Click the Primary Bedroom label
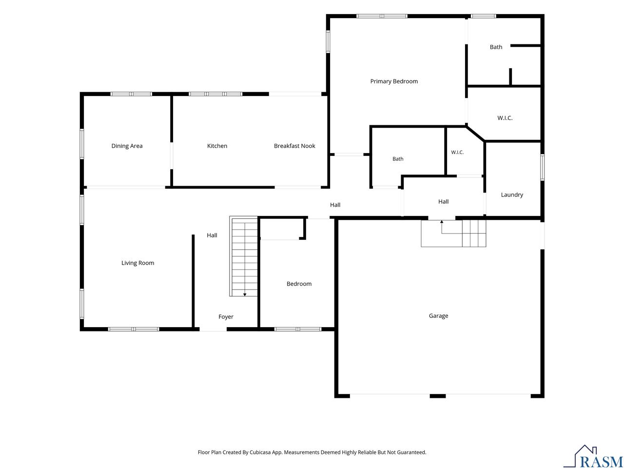click(x=394, y=81)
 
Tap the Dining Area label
click(x=127, y=146)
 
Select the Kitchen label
click(x=217, y=146)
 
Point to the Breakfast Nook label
click(x=294, y=146)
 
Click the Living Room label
click(x=137, y=263)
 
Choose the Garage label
click(x=438, y=316)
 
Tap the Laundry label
click(x=512, y=195)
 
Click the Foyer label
click(x=226, y=316)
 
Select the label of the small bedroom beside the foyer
click(x=299, y=284)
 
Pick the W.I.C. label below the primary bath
click(x=505, y=118)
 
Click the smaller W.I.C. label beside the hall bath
click(x=457, y=152)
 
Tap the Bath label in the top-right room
click(x=496, y=47)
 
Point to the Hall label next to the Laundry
click(x=443, y=201)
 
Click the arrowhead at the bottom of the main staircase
click(x=245, y=294)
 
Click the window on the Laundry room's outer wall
click(x=542, y=167)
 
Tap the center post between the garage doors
click(x=437, y=396)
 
